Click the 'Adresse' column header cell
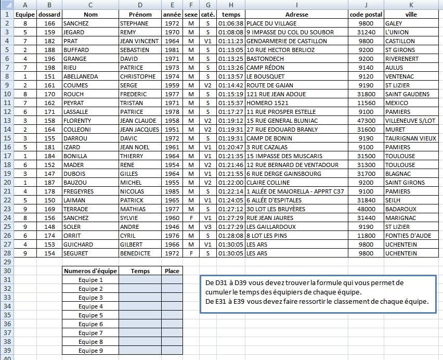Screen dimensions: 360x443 click(296, 15)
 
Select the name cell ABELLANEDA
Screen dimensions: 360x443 click(81, 76)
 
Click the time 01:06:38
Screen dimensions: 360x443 click(230, 23)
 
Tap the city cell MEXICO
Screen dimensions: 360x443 click(396, 103)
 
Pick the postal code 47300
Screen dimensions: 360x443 click(366, 121)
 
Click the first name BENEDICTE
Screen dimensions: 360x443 click(135, 253)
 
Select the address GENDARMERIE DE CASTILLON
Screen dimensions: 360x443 click(286, 41)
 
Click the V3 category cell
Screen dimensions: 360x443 click(208, 227)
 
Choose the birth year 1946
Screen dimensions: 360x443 click(172, 227)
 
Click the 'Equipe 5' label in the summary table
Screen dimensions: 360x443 click(90, 315)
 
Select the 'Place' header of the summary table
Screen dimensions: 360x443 click(172, 271)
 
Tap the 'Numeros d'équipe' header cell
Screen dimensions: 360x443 click(90, 271)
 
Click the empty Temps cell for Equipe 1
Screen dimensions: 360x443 click(140, 280)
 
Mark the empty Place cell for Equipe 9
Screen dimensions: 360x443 click(172, 351)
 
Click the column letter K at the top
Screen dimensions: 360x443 click(411, 5)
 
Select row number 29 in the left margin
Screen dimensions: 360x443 click(7, 262)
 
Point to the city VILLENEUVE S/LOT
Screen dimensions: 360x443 click(410, 121)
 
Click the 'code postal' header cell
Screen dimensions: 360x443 click(366, 15)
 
